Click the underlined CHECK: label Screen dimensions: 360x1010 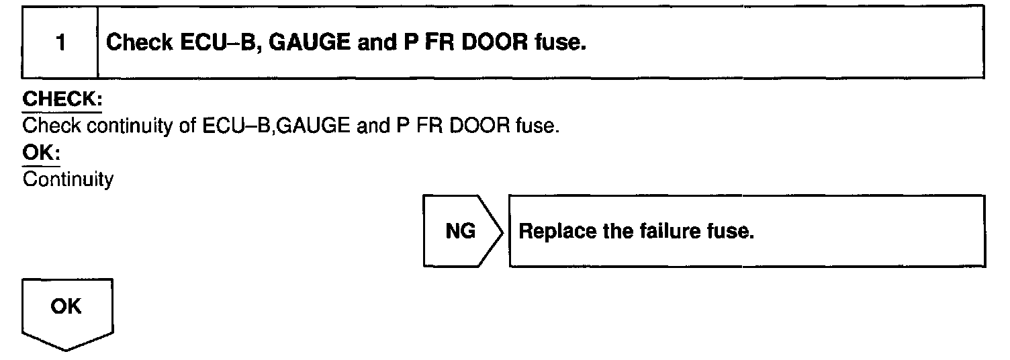tap(62, 100)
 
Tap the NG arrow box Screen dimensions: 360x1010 tap(462, 231)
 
